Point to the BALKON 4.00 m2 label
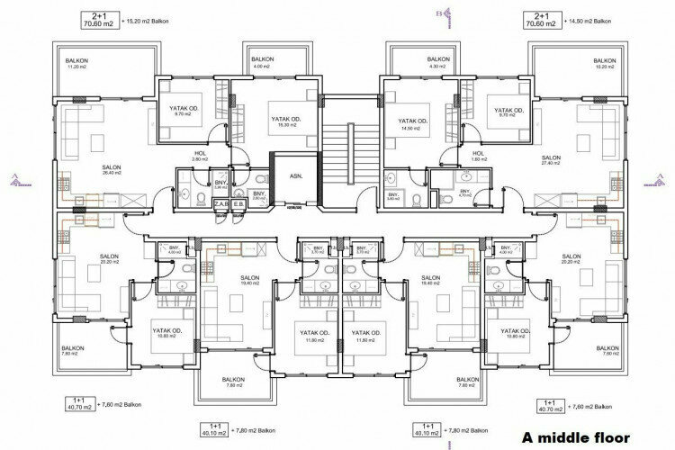263,62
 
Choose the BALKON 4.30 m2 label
413,62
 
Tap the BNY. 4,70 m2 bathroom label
465,193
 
